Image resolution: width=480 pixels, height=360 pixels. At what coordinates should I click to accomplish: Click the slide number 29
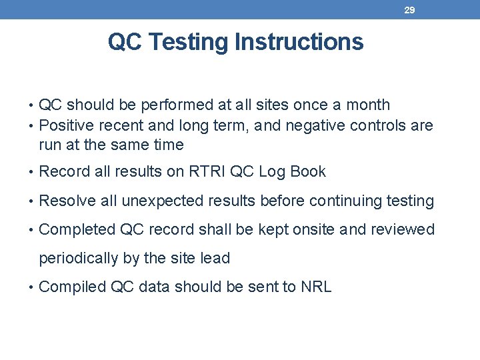(410, 10)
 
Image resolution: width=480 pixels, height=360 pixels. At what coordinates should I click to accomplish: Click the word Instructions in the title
(299, 42)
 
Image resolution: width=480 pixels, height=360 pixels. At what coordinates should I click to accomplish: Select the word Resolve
(66, 201)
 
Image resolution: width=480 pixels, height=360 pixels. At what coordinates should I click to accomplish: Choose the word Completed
(77, 230)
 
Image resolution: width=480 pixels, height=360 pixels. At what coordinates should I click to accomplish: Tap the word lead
(215, 258)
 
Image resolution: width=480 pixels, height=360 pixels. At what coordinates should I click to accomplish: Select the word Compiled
(73, 287)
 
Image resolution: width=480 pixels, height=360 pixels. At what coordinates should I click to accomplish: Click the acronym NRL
(316, 287)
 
